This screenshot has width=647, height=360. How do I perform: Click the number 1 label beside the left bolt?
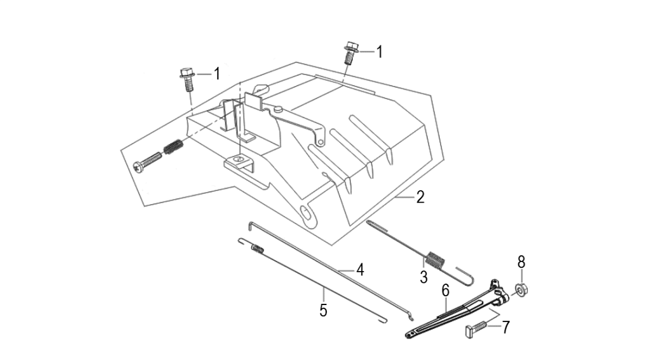click(x=217, y=75)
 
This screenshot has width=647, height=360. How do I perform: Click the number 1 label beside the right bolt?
click(x=379, y=52)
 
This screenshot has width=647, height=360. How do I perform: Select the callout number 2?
click(x=420, y=198)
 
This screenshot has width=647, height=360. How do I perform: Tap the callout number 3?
click(x=424, y=276)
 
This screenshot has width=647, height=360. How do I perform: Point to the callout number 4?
click(x=360, y=270)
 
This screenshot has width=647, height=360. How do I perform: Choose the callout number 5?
click(x=323, y=310)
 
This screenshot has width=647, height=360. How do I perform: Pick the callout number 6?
click(x=445, y=291)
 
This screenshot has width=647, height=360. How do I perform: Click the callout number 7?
click(x=505, y=327)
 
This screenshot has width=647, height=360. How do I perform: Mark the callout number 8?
click(x=521, y=262)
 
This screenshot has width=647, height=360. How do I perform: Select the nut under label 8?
click(x=522, y=290)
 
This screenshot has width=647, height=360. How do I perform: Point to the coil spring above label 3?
click(x=434, y=259)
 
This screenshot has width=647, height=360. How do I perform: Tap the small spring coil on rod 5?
click(x=257, y=248)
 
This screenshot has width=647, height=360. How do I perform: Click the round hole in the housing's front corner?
click(x=307, y=214)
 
